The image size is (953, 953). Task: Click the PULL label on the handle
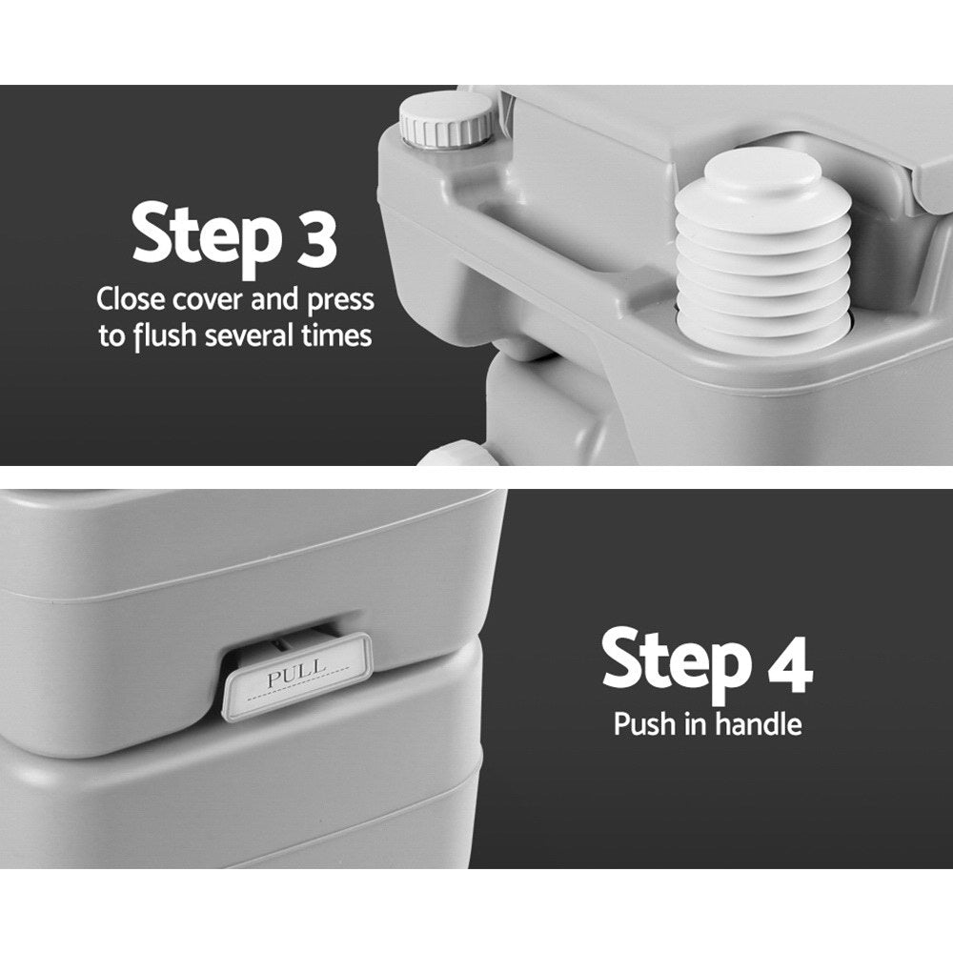coord(296,679)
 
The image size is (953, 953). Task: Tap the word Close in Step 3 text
coord(131,299)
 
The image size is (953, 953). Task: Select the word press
coord(338,301)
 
